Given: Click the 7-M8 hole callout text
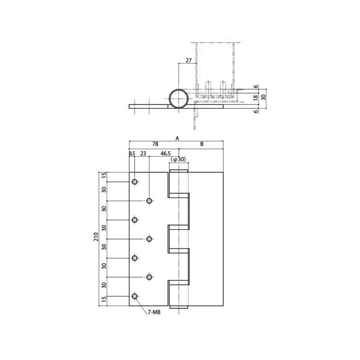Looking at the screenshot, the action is [154, 312].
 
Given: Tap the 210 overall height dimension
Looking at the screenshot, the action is [96, 237].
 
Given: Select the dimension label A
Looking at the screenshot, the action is [177, 138].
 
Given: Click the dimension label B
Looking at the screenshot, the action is [202, 144].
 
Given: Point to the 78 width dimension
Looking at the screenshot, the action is [155, 144].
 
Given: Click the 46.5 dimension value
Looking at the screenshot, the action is [166, 154].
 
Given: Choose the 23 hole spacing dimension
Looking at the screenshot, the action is [143, 154].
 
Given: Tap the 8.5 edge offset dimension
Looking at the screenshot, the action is [132, 154].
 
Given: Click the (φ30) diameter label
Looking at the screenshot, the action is [178, 160].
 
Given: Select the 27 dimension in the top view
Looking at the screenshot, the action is [188, 61].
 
